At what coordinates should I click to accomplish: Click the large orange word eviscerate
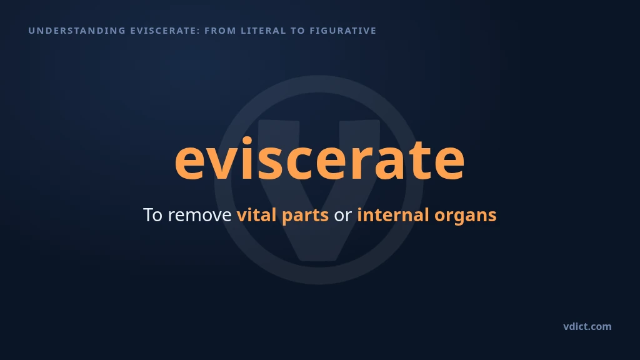pyautogui.click(x=319, y=158)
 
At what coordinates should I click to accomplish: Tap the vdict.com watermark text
pyautogui.click(x=587, y=326)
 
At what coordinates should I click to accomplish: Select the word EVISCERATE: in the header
pyautogui.click(x=165, y=31)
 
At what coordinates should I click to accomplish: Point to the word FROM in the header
pyautogui.click(x=221, y=31)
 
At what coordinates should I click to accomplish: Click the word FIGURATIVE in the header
pyautogui.click(x=343, y=31)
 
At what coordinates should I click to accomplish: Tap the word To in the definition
pyautogui.click(x=152, y=215)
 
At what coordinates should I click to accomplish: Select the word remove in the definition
pyautogui.click(x=199, y=215)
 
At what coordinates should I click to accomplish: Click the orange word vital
pyautogui.click(x=256, y=215)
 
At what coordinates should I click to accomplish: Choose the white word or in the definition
pyautogui.click(x=343, y=216)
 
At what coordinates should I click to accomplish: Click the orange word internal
pyautogui.click(x=393, y=215)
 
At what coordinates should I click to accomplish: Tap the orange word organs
pyautogui.click(x=465, y=216)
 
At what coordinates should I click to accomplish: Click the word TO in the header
pyautogui.click(x=297, y=31)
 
